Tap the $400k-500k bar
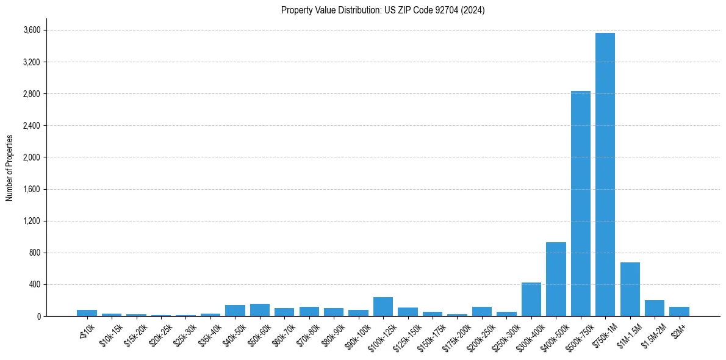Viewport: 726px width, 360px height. pos(556,279)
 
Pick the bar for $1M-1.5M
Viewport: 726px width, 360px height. pos(630,289)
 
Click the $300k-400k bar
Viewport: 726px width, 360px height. pos(531,299)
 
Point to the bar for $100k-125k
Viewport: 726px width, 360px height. pos(383,306)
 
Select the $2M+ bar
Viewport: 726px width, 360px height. pos(679,311)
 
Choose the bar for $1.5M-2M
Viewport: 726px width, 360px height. pos(654,308)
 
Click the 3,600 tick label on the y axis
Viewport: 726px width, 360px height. pos(31,31)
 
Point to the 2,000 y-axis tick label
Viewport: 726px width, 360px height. pos(31,157)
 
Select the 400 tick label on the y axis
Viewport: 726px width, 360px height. pos(34,284)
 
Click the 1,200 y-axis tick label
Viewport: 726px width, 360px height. pos(31,221)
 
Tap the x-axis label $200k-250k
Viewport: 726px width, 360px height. pos(481,334)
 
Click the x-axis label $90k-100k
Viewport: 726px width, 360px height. pos(358,334)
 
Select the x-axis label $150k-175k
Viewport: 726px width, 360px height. pos(432,334)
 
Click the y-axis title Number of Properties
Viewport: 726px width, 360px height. pos(10,167)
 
